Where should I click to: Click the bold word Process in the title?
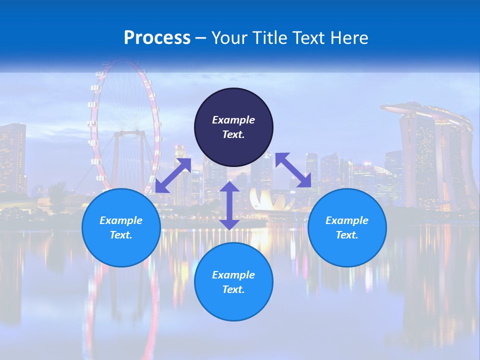157,38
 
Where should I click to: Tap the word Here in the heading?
348,38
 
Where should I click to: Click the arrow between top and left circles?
173,175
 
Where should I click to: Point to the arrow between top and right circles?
293,170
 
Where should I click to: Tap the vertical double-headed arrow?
229,205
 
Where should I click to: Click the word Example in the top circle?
233,120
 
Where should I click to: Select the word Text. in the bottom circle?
233,289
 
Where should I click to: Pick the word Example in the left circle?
121,220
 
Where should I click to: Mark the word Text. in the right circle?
347,235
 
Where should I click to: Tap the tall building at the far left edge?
12,157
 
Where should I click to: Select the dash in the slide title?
201,38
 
